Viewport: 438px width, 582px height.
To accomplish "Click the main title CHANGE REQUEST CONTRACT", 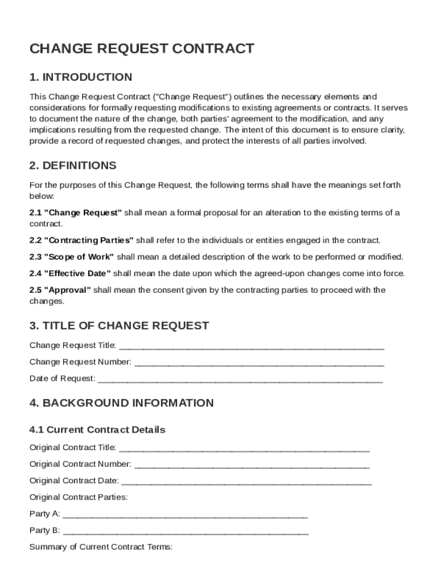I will point(142,49).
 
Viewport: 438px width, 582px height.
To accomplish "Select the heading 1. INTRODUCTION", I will point(81,77).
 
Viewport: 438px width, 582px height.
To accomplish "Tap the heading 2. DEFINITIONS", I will point(73,165).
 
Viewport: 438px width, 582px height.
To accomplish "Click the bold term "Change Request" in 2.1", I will point(83,213).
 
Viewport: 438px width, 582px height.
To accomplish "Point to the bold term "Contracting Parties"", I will point(89,240).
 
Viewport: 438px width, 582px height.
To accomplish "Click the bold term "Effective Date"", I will point(77,273).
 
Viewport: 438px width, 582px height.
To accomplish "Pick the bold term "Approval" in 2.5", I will point(68,290).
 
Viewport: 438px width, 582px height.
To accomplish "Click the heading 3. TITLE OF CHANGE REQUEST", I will point(119,326).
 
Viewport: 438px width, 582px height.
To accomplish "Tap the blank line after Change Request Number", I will point(259,362).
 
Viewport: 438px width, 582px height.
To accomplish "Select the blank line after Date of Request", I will point(240,379).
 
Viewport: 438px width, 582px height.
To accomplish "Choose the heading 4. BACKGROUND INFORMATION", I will point(121,403).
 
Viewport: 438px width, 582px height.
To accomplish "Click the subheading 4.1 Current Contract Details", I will point(97,430).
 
